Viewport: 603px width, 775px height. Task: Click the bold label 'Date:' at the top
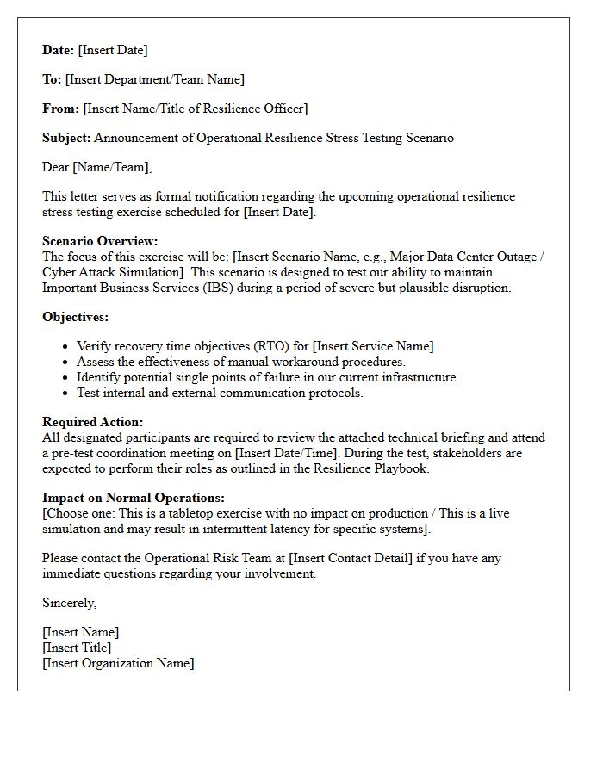[59, 50]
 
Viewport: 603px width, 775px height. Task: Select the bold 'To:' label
[52, 79]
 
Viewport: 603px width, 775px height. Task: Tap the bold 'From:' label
[60, 108]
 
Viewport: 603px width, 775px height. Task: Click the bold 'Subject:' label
[66, 138]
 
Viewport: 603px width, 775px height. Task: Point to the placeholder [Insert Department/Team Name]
[155, 79]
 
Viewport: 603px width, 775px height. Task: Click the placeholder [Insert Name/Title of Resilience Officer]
[195, 108]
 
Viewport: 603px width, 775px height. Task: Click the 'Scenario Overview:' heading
[100, 241]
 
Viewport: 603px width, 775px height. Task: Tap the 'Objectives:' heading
[75, 317]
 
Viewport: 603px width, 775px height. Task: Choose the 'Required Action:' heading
[93, 422]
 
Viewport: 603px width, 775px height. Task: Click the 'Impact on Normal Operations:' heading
[134, 498]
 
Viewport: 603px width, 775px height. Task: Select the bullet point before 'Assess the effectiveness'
[66, 363]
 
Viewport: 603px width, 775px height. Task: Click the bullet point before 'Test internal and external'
[66, 394]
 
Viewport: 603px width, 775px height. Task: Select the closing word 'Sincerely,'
[70, 603]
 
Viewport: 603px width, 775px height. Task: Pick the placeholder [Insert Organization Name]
[118, 663]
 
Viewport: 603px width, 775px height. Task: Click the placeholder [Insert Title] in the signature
[77, 648]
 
